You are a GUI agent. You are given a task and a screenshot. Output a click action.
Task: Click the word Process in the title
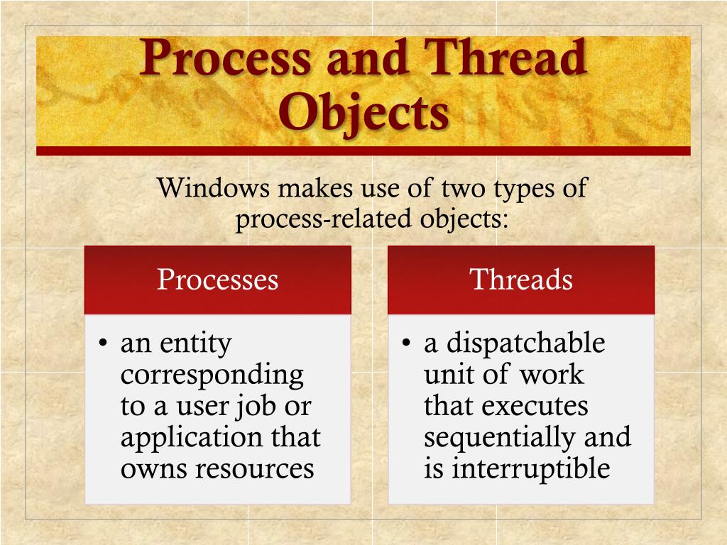[x=225, y=60]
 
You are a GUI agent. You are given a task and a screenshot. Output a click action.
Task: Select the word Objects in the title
[x=363, y=113]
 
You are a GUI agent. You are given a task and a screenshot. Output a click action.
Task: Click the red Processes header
[x=217, y=280]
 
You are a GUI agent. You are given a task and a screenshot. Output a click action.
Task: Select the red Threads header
[x=520, y=280]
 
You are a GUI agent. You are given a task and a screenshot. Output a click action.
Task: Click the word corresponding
[x=212, y=375]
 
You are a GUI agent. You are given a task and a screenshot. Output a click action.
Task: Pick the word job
[x=259, y=407]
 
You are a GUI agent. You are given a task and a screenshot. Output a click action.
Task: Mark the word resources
[x=255, y=469]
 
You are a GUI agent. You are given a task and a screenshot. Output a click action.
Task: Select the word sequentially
[x=500, y=438]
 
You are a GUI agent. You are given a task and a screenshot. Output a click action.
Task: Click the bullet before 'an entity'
[x=104, y=345]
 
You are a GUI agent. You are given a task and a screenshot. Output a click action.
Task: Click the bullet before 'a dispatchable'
[x=407, y=345]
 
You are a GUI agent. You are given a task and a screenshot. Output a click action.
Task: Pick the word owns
[x=153, y=469]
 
